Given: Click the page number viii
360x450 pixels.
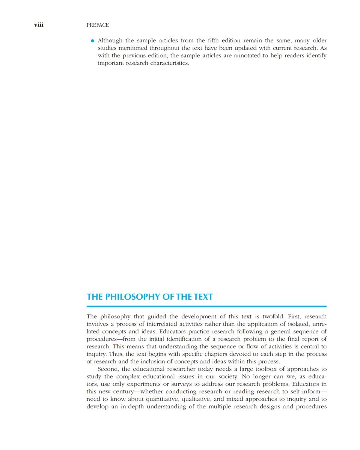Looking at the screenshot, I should [39, 25].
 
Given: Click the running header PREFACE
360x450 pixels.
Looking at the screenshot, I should [98, 25].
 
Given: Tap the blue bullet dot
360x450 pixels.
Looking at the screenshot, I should [92, 40].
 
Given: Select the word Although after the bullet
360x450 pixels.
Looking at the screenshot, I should [110, 40].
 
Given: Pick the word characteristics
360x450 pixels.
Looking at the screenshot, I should [170, 63].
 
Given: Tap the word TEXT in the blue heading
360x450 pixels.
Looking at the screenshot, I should [203, 297].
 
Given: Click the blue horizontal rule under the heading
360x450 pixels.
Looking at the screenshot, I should [206, 306].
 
